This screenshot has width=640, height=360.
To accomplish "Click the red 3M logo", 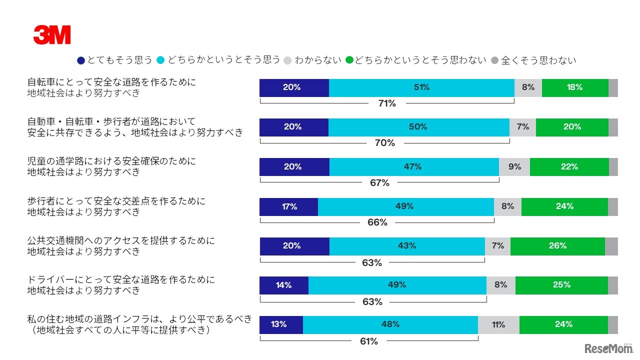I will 52,35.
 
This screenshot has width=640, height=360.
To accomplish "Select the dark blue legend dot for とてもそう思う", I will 81,60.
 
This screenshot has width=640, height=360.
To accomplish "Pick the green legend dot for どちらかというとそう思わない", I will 350,60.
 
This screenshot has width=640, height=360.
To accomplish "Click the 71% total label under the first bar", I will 387,103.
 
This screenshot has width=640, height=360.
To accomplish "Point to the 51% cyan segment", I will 421,87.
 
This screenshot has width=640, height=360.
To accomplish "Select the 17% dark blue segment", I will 288,206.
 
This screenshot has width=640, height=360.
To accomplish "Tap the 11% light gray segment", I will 498,324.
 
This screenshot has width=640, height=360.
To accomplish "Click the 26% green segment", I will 557,246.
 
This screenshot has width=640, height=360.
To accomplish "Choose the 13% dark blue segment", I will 281,324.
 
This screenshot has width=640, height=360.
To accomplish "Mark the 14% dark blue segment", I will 283,285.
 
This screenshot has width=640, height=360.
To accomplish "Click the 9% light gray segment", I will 514,167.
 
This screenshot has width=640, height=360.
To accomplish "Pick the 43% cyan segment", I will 407,246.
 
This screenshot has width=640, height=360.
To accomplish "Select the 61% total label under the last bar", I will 369,341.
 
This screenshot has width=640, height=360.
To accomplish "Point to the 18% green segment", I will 575,87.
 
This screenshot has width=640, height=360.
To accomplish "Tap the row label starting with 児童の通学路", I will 111,166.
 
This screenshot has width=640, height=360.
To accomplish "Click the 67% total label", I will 379,183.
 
